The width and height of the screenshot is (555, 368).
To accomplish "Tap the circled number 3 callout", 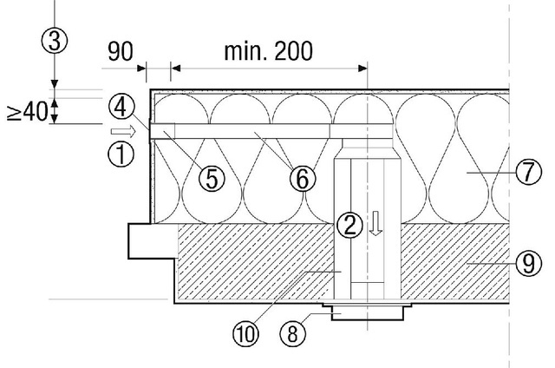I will click(54, 40).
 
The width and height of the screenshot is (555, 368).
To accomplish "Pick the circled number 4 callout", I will click(122, 108).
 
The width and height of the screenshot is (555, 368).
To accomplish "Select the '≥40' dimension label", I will click(25, 111).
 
